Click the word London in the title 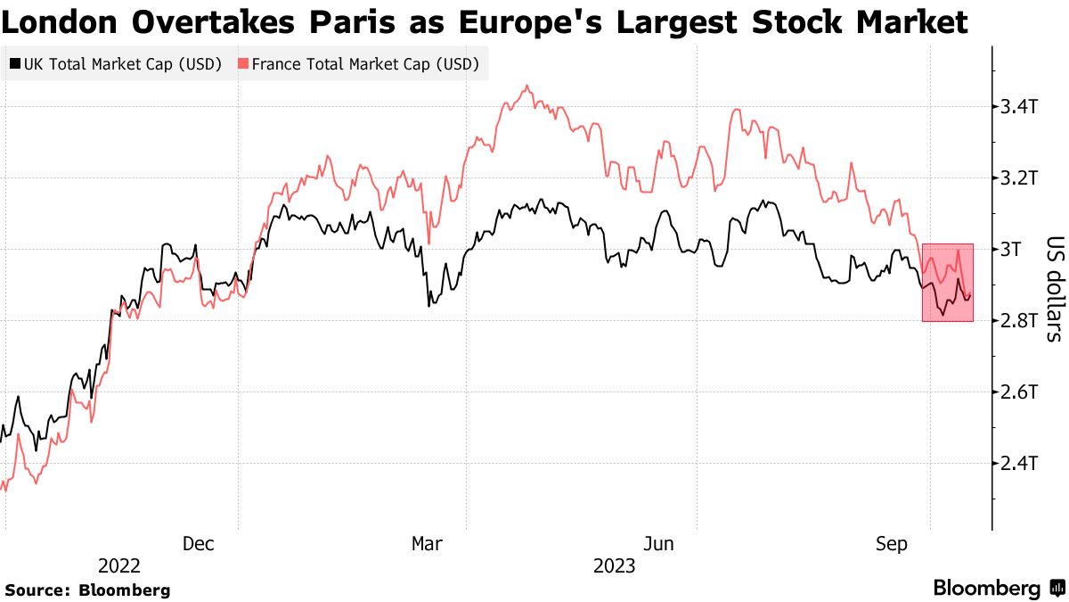[x=63, y=21]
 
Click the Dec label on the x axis [x=198, y=544]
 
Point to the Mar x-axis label [x=427, y=544]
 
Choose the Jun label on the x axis [x=657, y=544]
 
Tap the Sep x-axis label [x=890, y=544]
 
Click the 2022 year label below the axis [x=119, y=566]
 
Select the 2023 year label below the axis [x=615, y=566]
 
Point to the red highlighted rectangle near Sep [x=948, y=282]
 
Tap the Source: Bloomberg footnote [x=87, y=590]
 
